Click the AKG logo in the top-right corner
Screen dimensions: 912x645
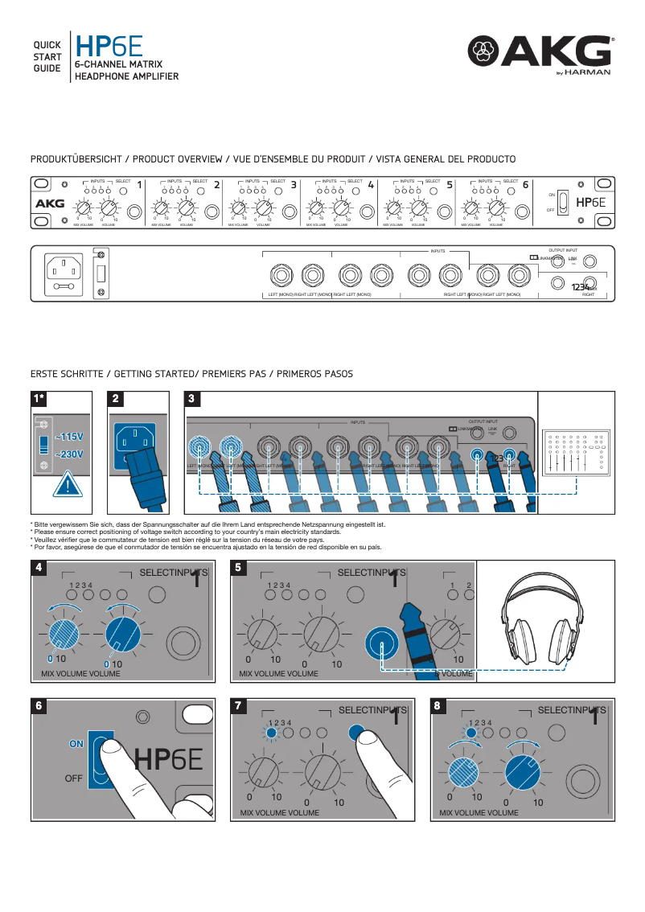click(x=540, y=55)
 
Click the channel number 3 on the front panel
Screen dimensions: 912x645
click(x=294, y=184)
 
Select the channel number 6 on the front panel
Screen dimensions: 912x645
click(x=525, y=184)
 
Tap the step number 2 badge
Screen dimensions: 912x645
click(x=116, y=399)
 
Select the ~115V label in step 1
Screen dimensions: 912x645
click(x=70, y=437)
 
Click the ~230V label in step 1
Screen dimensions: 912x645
click(x=70, y=455)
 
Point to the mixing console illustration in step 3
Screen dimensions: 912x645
click(x=573, y=454)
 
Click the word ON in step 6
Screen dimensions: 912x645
click(x=76, y=744)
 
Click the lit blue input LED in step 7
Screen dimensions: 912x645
click(x=271, y=733)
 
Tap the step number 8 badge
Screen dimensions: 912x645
click(x=438, y=705)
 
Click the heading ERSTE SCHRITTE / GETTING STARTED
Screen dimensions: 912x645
click(x=191, y=374)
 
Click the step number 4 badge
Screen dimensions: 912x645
click(x=39, y=567)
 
